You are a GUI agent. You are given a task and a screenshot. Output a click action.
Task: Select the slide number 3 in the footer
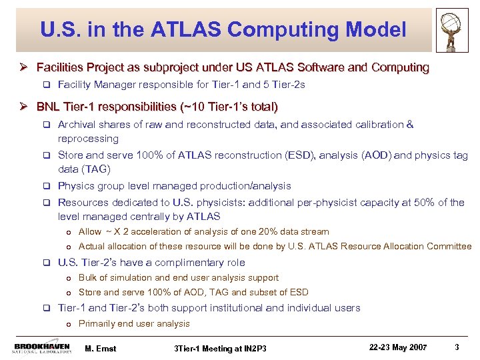456,347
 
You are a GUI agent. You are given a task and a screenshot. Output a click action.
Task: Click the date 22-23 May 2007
399,347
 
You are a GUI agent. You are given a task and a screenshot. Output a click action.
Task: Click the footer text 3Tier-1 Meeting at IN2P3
220,348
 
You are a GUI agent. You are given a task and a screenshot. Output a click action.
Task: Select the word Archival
78,125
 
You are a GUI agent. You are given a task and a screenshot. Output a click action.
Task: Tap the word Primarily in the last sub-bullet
97,324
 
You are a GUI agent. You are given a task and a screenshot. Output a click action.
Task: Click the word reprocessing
88,139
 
